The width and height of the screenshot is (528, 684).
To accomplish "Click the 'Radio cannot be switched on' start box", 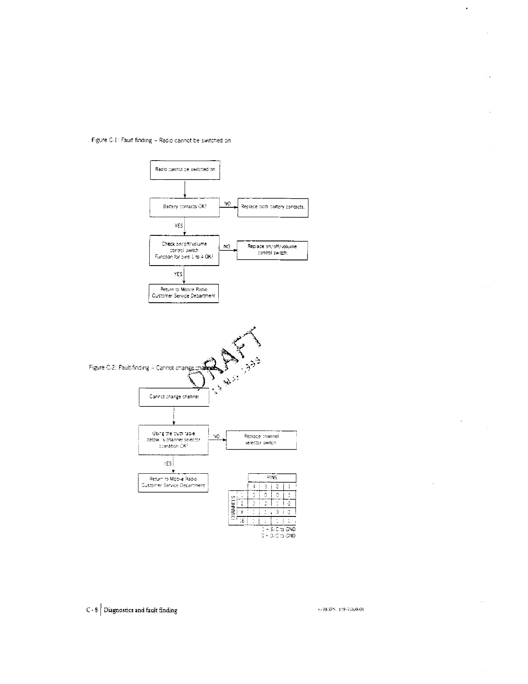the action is point(185,170).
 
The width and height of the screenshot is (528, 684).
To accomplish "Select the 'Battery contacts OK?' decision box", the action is point(185,207).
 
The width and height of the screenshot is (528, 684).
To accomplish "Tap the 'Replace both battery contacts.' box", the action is point(273,207).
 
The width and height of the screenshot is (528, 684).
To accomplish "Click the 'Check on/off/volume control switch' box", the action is point(184,250).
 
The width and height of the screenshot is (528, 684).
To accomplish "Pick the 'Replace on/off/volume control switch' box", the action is point(272,250).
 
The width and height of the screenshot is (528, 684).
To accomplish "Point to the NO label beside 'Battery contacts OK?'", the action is point(228,203).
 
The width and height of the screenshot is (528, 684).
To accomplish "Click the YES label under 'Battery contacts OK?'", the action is point(179,225).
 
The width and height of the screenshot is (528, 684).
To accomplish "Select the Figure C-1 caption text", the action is point(161,140).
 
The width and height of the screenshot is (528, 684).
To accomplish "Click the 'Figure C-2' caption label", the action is point(100,368).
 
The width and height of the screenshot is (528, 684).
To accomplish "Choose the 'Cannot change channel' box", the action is point(173,397).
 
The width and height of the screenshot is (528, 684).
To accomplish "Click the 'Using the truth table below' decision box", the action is point(173,440).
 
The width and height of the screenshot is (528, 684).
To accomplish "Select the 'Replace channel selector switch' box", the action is point(261,440).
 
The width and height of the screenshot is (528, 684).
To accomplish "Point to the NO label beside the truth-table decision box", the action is point(217,437).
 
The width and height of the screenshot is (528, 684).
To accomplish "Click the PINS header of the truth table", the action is point(272,478).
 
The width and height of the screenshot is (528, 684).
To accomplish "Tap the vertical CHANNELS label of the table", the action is point(233,507).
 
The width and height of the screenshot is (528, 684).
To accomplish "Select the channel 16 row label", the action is point(242,521).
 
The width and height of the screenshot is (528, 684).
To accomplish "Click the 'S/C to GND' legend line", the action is point(279,529).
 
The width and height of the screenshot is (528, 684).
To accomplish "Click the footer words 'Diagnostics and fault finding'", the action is point(141,610).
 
